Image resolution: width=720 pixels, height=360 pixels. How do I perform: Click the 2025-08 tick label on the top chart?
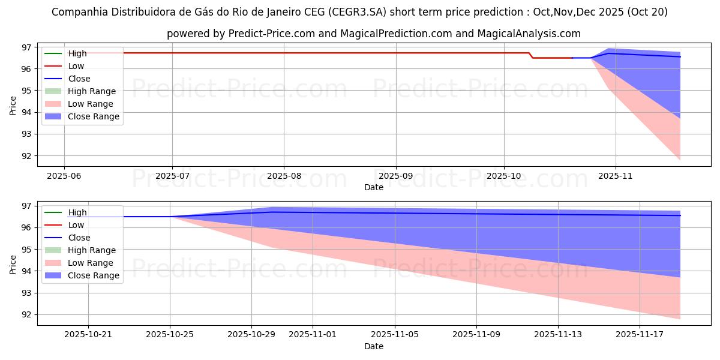[284, 176]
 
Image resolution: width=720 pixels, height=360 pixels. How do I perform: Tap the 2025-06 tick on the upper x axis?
[64, 176]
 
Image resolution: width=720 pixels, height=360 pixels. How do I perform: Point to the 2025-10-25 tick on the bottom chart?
[170, 335]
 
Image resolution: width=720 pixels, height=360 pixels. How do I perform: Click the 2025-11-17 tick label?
[640, 335]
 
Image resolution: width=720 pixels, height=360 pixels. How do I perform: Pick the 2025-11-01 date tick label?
[313, 335]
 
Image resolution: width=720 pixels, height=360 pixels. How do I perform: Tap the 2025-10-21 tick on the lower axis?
[88, 335]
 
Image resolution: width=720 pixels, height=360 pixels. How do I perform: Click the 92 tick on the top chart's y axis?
[26, 156]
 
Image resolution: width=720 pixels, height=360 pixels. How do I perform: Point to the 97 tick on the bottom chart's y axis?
[26, 206]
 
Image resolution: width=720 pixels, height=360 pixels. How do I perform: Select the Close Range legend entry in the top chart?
[94, 116]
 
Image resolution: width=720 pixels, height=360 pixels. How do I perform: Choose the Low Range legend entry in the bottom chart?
[91, 263]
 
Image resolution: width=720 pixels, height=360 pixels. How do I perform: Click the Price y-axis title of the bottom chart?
[13, 263]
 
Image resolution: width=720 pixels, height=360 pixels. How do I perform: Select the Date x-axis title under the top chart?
[373, 187]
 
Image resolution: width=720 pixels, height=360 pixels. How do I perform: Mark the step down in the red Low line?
[530, 55]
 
